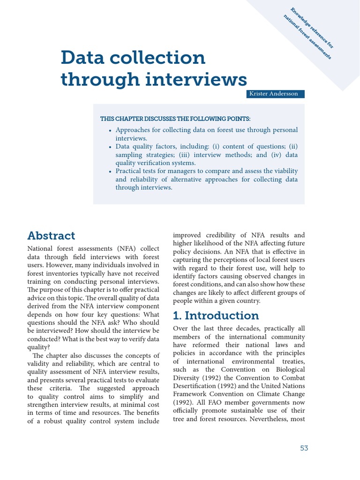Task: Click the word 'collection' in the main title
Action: click(x=157, y=58)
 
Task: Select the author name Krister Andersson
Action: click(x=276, y=94)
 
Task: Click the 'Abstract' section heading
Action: click(x=51, y=235)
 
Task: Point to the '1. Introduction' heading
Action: click(x=216, y=315)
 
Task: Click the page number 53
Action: click(x=304, y=448)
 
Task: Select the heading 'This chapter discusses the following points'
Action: click(x=175, y=119)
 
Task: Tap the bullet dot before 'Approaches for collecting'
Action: click(x=110, y=131)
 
